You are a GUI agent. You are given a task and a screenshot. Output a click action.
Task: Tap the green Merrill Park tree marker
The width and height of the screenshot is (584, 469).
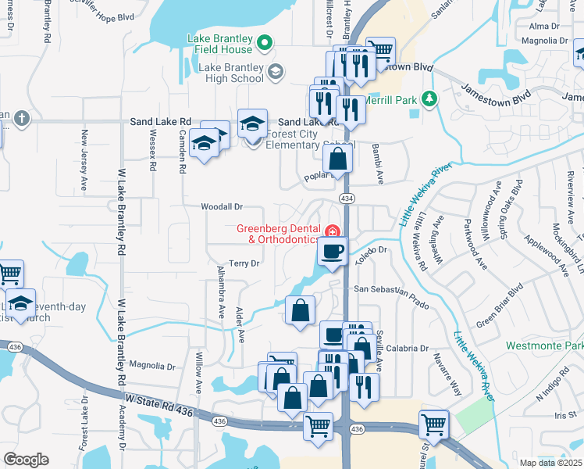[x=428, y=98]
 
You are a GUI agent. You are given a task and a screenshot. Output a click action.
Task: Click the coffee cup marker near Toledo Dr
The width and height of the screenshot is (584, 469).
[x=333, y=252]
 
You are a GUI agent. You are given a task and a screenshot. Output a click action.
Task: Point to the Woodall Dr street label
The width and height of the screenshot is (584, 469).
[x=223, y=207]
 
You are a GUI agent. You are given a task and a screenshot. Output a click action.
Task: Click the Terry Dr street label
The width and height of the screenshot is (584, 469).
[x=244, y=264]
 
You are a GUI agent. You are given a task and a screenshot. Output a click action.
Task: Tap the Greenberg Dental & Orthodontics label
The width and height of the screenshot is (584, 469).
[x=278, y=234]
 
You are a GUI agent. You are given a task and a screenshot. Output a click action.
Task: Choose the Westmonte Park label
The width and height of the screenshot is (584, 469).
[x=544, y=345]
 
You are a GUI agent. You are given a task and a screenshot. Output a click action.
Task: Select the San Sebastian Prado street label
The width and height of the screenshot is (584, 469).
[x=392, y=288]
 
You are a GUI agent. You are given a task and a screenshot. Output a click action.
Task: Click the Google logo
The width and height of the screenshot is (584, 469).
[x=26, y=460]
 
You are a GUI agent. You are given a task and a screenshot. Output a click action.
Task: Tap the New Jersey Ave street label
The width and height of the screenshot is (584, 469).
[x=84, y=161]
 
